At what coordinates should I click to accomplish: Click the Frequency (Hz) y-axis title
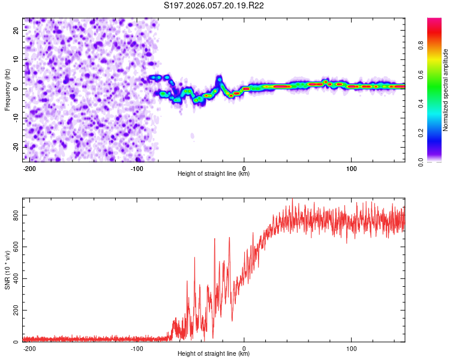7,90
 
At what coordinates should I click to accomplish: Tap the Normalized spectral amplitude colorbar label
445,90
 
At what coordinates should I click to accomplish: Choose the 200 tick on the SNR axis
15,310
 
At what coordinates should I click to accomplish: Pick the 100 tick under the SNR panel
351,348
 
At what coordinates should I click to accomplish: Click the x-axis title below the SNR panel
214,354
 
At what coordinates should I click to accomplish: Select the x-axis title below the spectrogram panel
214,174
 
